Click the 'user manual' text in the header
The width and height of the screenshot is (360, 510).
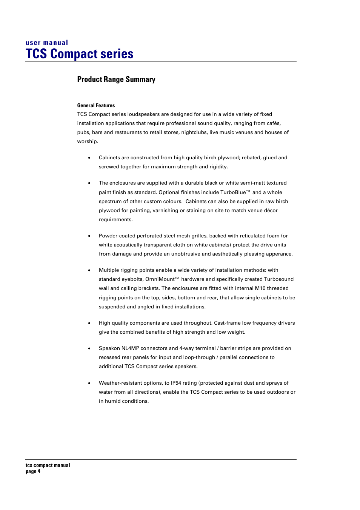(x=47, y=43)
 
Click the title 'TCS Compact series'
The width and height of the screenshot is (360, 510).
(x=79, y=54)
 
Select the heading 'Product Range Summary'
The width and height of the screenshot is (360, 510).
(x=116, y=79)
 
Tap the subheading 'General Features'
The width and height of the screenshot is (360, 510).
(x=96, y=105)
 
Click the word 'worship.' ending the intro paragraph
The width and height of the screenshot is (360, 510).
(x=88, y=142)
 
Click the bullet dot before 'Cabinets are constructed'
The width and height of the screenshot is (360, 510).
(x=89, y=158)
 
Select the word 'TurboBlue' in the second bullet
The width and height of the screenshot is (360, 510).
(x=233, y=193)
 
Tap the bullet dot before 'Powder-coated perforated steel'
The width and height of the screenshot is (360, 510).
(x=89, y=236)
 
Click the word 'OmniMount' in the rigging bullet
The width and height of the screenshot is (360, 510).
(x=160, y=279)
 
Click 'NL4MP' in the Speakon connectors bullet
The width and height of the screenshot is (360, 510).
(x=131, y=348)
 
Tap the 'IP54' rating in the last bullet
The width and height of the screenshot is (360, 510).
(x=176, y=383)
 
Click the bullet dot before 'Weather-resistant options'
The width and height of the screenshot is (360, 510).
(x=89, y=384)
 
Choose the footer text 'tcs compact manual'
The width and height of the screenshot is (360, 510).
(x=48, y=465)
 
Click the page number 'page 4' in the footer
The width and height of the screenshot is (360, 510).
(x=33, y=471)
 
